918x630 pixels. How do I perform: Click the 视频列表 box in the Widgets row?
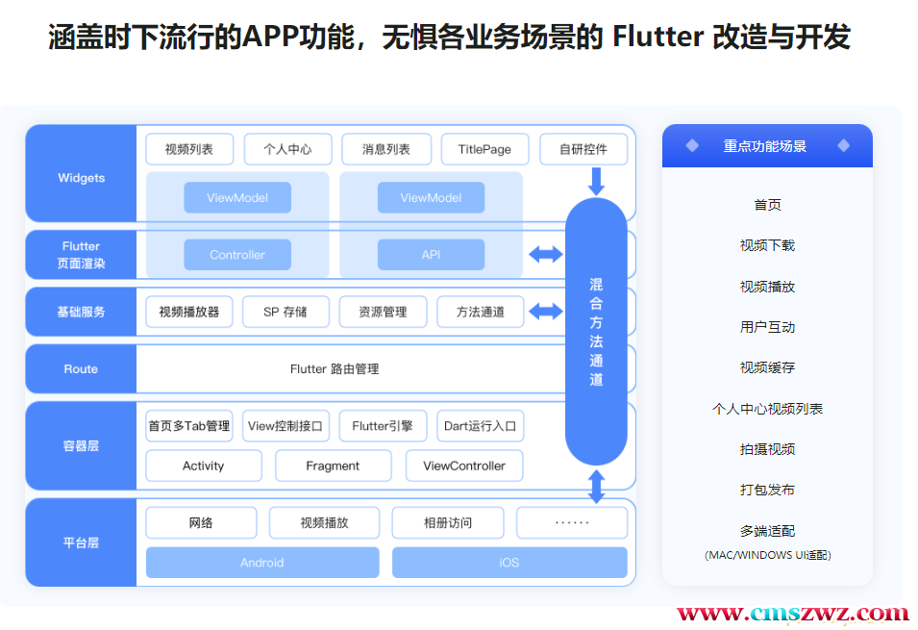[189, 149]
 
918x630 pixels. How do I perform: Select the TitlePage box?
[484, 149]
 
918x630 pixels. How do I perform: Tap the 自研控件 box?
[583, 149]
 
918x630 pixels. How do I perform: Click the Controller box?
[237, 255]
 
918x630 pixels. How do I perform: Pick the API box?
[431, 255]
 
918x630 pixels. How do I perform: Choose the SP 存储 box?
[285, 312]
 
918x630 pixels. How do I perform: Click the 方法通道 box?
[481, 312]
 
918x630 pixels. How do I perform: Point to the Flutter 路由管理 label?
[335, 368]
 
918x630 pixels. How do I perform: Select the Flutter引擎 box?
[383, 426]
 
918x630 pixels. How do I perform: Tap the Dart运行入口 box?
[481, 426]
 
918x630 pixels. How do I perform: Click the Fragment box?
[333, 466]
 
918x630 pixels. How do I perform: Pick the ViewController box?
[464, 466]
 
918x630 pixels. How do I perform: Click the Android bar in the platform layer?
[262, 563]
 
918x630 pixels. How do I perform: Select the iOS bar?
[509, 563]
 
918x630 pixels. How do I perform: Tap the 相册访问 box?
[448, 523]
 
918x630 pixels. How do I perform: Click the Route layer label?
[81, 368]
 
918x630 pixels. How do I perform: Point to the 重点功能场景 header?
[766, 146]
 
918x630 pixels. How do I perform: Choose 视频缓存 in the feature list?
[767, 367]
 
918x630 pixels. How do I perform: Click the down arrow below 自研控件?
[596, 181]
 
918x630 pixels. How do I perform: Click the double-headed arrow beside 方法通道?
[546, 312]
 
